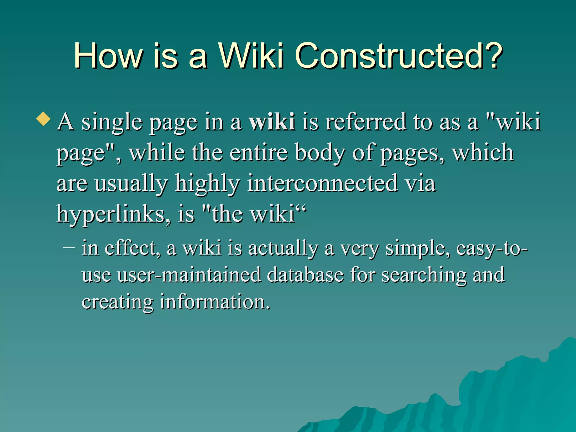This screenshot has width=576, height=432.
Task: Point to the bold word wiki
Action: point(272,122)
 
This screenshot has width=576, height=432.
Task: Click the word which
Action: point(483,153)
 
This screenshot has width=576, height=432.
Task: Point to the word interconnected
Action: point(323,183)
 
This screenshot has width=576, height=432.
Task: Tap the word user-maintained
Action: point(190,275)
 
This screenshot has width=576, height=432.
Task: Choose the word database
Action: point(305,275)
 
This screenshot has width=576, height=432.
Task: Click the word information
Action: point(215,301)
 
